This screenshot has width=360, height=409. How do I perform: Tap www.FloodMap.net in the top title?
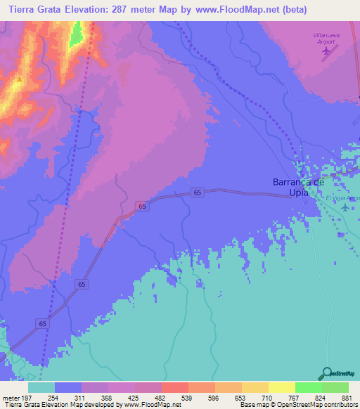coord(257,9)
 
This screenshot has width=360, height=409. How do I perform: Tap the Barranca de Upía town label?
coord(298,187)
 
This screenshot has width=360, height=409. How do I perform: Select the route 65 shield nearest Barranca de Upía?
coord(198,193)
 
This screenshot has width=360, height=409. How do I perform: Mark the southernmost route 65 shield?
coord(44,323)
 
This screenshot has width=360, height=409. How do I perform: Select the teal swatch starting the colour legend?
coord(41,388)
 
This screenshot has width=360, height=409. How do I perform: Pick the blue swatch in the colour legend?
coord(68,388)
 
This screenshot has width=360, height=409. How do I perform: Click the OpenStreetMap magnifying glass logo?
coord(326,373)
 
